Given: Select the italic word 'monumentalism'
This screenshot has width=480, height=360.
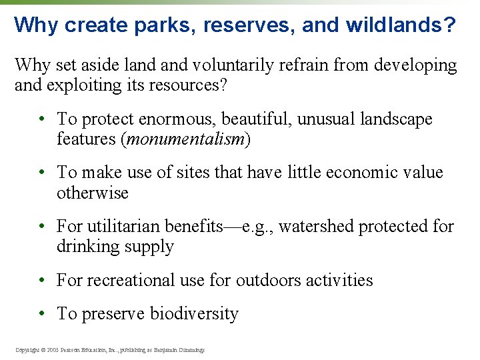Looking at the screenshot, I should (x=187, y=139).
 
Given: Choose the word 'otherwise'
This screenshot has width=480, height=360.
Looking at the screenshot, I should (x=92, y=193).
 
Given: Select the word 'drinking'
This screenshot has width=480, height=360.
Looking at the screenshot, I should (x=86, y=247).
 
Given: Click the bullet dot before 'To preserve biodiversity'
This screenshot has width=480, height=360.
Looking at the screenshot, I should (x=41, y=313).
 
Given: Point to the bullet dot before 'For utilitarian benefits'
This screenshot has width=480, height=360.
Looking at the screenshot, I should (x=41, y=226).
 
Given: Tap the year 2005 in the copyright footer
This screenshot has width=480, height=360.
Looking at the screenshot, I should (x=53, y=350).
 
